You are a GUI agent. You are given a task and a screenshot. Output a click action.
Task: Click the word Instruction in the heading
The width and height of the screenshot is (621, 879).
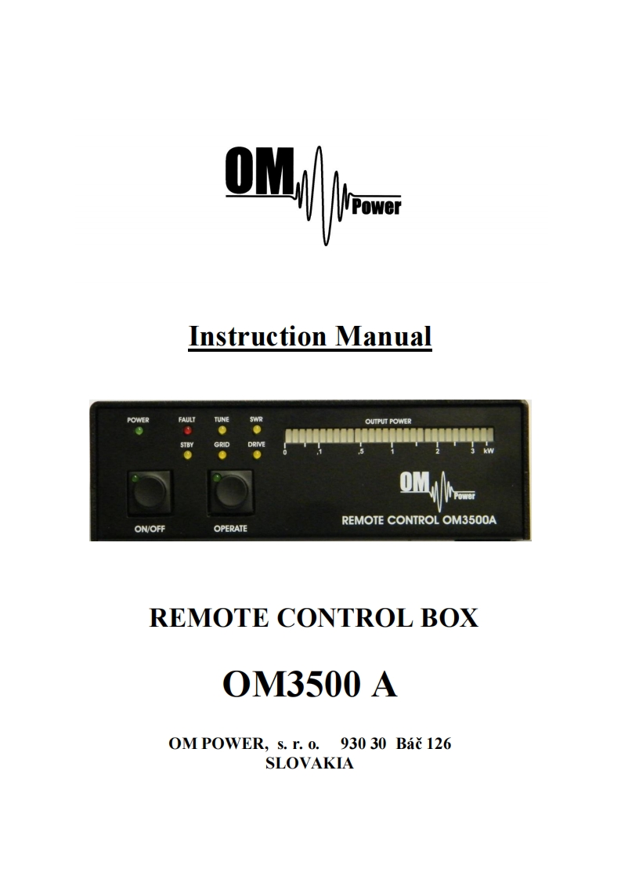coord(258,337)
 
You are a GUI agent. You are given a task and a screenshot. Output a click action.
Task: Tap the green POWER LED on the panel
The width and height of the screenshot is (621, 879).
coord(138,432)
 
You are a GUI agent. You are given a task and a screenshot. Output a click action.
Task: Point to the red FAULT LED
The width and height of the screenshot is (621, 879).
coord(187,431)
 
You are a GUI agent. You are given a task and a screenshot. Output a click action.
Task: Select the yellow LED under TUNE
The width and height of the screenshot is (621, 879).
coord(222,431)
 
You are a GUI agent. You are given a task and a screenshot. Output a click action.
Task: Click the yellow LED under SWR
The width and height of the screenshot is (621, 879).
coord(256,431)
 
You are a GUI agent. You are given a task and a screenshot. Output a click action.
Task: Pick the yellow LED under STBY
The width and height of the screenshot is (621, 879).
coord(187,454)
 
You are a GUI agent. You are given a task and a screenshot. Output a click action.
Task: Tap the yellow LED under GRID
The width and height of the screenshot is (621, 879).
coord(222,454)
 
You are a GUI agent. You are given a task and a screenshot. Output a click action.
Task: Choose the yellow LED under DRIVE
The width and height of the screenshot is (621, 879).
coord(256,454)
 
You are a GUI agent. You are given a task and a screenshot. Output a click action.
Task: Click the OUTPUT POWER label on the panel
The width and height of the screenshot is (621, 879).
coord(388,421)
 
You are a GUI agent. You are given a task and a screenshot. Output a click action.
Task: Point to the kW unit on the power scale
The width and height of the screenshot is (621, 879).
coord(489,452)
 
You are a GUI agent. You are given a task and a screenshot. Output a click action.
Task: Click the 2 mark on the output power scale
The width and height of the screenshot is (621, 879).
coord(438,452)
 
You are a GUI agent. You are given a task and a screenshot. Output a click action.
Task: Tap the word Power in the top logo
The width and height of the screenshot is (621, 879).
coord(377,208)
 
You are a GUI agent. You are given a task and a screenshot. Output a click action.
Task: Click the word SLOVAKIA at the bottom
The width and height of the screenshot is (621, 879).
coord(310,764)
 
